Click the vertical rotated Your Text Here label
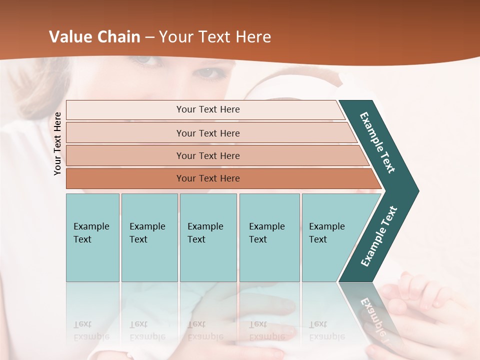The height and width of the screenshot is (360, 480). pyautogui.click(x=57, y=143)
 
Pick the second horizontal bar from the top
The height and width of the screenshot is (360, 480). pyautogui.click(x=208, y=133)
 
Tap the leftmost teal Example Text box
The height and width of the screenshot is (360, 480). pyautogui.click(x=92, y=237)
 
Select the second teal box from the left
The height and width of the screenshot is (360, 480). pyautogui.click(x=149, y=237)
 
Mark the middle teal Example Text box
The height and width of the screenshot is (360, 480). pyautogui.click(x=208, y=237)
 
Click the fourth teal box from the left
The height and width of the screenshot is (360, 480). pyautogui.click(x=269, y=237)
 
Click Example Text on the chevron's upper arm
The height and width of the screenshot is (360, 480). pyautogui.click(x=377, y=142)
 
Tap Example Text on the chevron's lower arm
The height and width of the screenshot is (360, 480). pyautogui.click(x=379, y=236)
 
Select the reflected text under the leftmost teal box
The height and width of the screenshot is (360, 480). pyautogui.click(x=91, y=330)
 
